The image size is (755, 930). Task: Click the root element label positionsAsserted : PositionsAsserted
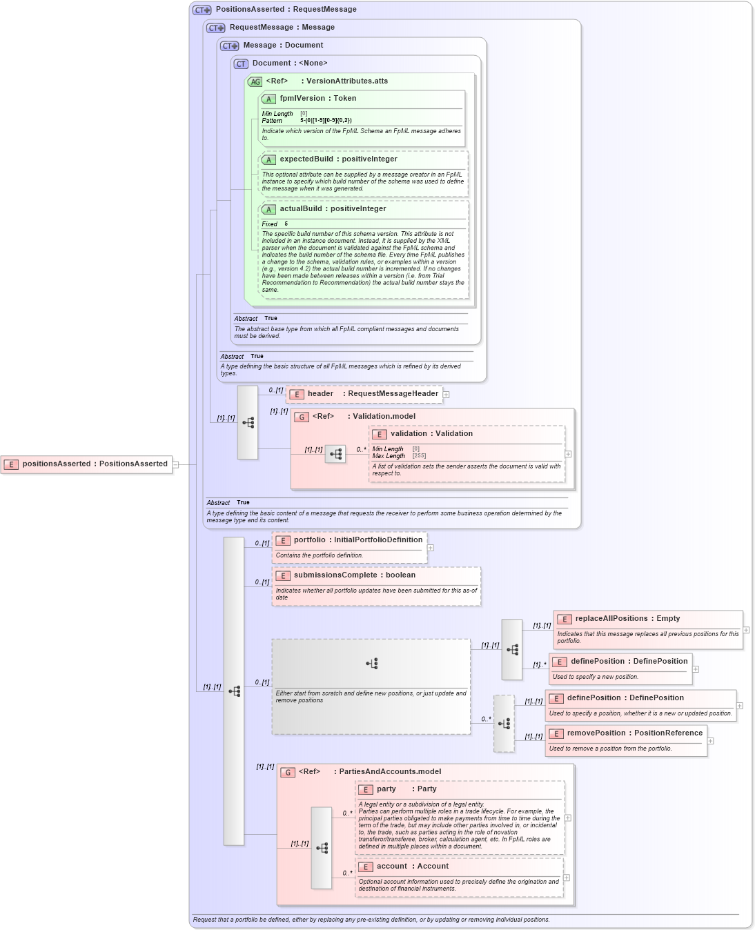[95, 464]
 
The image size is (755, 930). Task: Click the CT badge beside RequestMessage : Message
[216, 28]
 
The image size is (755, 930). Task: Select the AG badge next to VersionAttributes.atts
[255, 81]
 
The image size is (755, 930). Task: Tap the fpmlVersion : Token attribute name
[317, 99]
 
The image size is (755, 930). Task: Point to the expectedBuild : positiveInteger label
[338, 159]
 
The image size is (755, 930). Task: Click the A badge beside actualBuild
[268, 209]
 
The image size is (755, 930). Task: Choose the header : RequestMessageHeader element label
[373, 394]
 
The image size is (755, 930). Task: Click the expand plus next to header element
[447, 395]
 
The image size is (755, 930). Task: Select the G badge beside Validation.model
[302, 417]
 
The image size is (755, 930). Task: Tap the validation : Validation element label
[431, 434]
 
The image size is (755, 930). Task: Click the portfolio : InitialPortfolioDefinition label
[357, 540]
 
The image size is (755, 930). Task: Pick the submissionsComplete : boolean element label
[354, 575]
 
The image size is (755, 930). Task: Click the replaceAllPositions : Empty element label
[627, 619]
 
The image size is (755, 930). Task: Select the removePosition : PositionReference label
[634, 733]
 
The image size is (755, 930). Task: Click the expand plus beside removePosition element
[711, 741]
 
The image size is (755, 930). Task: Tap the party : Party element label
[406, 789]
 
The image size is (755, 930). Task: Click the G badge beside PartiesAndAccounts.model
[288, 772]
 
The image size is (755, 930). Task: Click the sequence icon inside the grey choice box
[372, 664]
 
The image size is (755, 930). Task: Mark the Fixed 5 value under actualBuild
[286, 224]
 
